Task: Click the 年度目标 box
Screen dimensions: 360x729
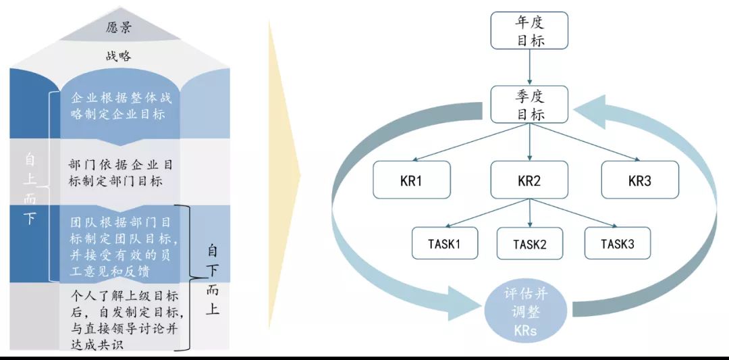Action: click(x=530, y=31)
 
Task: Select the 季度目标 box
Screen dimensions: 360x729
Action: click(x=530, y=105)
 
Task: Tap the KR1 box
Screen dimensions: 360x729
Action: click(x=412, y=180)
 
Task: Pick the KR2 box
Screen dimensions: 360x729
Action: click(x=529, y=180)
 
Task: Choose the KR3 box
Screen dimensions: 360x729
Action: click(x=639, y=180)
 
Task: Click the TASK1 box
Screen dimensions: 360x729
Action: click(x=445, y=244)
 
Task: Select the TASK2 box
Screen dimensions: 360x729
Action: click(x=530, y=244)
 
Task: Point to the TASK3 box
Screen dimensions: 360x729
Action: click(x=618, y=244)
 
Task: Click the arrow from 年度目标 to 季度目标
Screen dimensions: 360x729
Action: click(x=530, y=68)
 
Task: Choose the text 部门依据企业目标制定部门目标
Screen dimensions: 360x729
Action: click(x=122, y=173)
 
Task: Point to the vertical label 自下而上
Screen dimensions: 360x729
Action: click(x=213, y=281)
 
